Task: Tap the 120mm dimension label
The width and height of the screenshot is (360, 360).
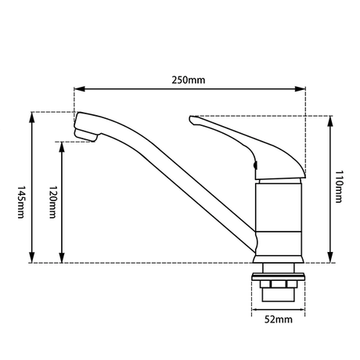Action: [51, 202]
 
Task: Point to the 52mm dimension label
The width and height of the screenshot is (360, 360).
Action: [279, 319]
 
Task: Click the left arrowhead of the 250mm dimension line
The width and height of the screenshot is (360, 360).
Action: [77, 89]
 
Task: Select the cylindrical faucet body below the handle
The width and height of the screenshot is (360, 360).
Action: [277, 211]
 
